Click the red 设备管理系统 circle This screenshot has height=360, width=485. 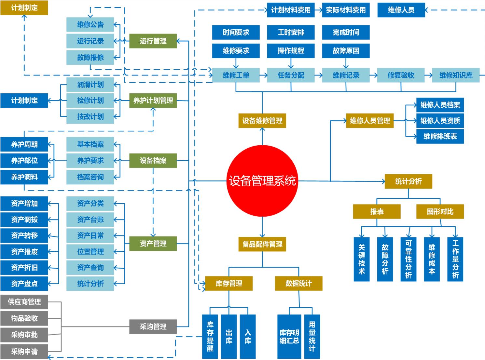(x=262, y=181)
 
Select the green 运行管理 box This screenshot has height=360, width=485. (x=153, y=41)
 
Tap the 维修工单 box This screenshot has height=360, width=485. (x=236, y=75)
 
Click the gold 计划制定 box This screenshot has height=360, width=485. (x=24, y=7)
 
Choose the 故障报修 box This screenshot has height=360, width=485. (x=90, y=58)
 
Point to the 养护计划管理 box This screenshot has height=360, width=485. (x=153, y=100)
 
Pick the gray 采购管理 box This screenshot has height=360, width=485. (x=153, y=327)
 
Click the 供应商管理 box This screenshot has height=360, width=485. (x=24, y=302)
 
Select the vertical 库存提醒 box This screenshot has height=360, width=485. (x=210, y=336)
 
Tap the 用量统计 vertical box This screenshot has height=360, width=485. (x=312, y=336)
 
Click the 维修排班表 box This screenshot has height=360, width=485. (x=440, y=136)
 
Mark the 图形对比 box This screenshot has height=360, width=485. (x=440, y=212)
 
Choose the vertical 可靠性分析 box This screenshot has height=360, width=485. (x=409, y=259)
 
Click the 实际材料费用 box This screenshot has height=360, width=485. (x=346, y=10)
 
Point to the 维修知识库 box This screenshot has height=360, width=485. (x=456, y=75)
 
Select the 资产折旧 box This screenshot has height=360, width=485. (x=24, y=267)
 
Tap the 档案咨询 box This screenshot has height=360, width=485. (x=90, y=177)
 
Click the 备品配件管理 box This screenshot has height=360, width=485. (x=262, y=244)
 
